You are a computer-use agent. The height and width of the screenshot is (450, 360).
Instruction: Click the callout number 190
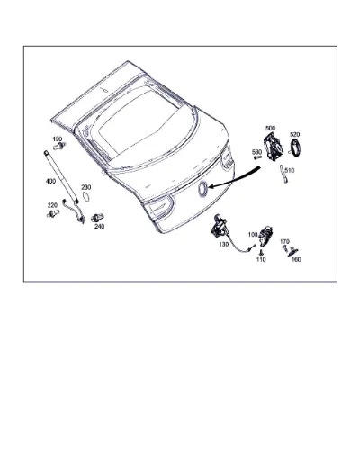coord(58,139)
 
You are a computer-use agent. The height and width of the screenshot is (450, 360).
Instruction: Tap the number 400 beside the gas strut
coord(50,181)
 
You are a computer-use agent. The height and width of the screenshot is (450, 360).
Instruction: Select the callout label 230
coord(86,187)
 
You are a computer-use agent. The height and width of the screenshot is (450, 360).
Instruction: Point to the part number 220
coord(52,205)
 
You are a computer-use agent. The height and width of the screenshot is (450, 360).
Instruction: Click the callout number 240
coord(99,226)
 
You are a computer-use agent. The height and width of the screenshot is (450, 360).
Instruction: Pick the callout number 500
coord(270,128)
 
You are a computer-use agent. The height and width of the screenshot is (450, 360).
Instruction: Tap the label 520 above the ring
coord(295,134)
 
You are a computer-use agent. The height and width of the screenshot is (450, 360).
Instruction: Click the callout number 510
coord(290,170)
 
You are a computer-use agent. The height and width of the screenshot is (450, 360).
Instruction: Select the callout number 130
coord(224,245)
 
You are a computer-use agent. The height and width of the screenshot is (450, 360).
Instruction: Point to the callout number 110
coord(261,259)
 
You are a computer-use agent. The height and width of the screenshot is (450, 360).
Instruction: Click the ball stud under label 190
coord(59,146)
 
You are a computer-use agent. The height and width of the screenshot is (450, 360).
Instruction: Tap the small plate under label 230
coord(86,197)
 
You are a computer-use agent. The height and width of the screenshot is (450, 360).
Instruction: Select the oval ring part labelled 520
coord(295,148)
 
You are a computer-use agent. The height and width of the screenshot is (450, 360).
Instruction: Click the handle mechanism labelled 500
coord(273,147)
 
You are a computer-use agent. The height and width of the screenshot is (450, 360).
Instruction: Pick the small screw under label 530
coord(257,157)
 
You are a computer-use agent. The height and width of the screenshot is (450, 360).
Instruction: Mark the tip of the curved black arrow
coord(208,187)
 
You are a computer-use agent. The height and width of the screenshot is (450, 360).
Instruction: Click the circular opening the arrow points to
coord(202,190)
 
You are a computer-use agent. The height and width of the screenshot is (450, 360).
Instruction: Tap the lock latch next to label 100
coord(265,236)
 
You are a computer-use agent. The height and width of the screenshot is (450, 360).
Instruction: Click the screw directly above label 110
coord(261,252)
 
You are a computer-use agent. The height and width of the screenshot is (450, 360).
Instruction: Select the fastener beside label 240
coord(97,217)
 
